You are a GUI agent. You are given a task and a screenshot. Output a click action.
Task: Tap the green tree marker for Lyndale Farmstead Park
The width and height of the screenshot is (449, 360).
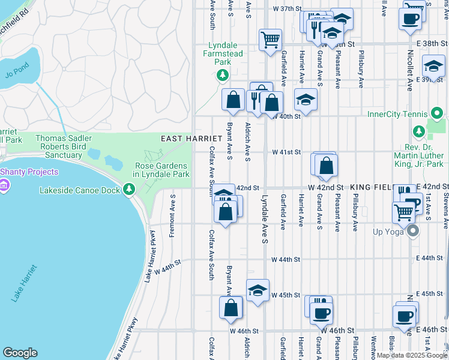[223, 74]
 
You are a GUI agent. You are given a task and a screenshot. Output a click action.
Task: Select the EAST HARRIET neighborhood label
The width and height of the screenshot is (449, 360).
[184, 139]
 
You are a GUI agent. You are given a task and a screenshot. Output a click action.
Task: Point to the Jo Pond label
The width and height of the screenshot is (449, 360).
[16, 75]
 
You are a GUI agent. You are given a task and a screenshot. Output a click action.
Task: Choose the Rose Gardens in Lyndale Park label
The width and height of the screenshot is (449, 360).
[161, 170]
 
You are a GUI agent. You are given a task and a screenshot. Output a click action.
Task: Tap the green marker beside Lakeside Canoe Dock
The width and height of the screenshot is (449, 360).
[128, 190]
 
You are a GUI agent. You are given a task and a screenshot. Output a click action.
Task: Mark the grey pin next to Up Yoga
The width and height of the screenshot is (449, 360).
[411, 231]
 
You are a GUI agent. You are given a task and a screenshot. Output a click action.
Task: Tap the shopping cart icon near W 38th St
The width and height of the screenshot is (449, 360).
[270, 40]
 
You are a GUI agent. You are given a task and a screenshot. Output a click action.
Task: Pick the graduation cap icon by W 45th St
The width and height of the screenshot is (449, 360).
[258, 290]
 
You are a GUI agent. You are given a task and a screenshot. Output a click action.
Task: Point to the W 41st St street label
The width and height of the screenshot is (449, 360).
[286, 153]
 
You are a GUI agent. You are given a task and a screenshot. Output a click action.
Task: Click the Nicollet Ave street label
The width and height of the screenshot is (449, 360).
[409, 75]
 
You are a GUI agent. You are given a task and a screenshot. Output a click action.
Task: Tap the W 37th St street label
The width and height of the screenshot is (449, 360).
[286, 9]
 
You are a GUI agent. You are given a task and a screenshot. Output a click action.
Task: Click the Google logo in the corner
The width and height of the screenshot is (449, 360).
[20, 353]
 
